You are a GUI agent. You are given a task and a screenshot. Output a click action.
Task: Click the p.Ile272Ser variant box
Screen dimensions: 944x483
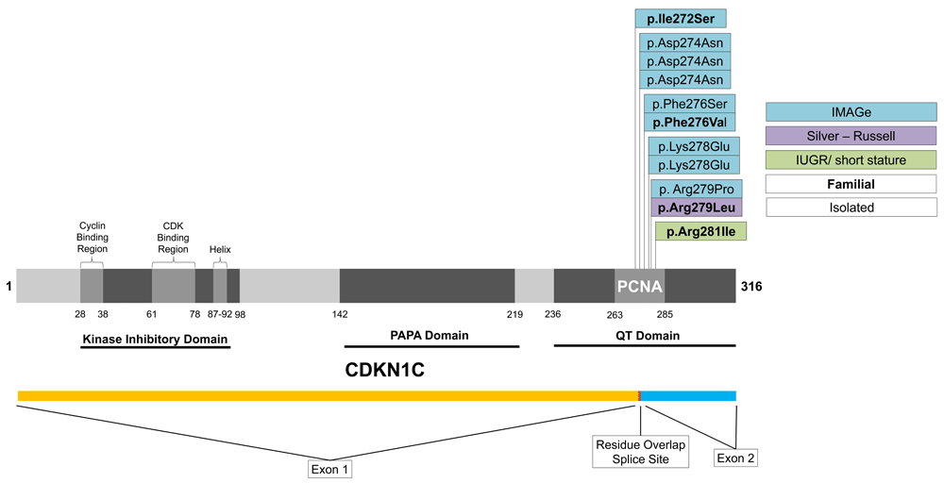(681, 19)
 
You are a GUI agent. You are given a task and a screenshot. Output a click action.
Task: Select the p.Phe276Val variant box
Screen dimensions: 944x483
(689, 123)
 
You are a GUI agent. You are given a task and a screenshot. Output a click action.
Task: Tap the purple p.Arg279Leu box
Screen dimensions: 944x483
(697, 208)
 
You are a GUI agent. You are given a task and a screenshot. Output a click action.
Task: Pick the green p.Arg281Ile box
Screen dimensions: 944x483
(700, 231)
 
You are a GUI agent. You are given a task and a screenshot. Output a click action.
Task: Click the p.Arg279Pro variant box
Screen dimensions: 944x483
(697, 189)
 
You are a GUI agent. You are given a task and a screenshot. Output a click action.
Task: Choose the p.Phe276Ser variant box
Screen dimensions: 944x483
(689, 104)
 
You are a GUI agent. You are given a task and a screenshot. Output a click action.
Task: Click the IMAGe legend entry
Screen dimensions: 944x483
(851, 112)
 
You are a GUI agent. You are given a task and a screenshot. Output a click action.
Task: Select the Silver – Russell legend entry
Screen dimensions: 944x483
(851, 136)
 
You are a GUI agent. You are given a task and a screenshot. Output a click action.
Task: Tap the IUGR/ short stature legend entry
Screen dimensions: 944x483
(851, 160)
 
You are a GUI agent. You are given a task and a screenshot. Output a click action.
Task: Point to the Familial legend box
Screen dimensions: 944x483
(851, 184)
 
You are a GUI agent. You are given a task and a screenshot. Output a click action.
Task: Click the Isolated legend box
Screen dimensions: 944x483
(851, 208)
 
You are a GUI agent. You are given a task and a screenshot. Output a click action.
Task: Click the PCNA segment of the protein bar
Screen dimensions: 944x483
(639, 286)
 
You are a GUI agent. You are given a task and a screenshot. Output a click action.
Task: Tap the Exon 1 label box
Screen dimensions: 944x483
(329, 469)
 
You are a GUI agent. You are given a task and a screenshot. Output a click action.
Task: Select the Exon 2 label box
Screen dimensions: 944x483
(735, 458)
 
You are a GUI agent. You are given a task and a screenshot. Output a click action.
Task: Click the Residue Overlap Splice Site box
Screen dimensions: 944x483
(641, 452)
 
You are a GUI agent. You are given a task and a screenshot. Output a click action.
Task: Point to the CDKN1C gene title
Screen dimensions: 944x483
(385, 370)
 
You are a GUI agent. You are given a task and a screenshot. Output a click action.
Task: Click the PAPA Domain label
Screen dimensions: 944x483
(430, 335)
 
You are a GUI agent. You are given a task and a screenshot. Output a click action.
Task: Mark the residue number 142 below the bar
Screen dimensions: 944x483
(340, 314)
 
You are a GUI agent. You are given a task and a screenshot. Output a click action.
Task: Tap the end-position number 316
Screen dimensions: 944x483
(751, 287)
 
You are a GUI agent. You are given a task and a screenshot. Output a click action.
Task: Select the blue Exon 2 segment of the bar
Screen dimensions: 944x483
(688, 396)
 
